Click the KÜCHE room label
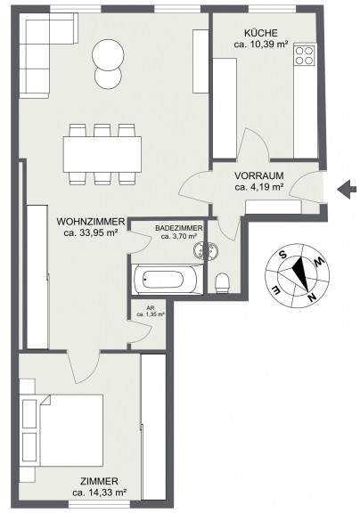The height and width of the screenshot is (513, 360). [x=261, y=33]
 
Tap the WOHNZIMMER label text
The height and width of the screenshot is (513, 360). [x=91, y=222]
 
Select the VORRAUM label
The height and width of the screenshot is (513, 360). [x=259, y=175]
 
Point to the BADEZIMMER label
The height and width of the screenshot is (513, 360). [x=179, y=228]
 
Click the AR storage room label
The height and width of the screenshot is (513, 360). [x=151, y=308]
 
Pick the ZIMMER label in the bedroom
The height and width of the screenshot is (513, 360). [x=99, y=482]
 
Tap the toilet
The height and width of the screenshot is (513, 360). [x=223, y=282]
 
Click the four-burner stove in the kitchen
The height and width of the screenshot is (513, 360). [x=305, y=55]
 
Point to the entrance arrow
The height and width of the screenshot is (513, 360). [x=347, y=190]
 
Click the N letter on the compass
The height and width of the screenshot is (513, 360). [x=313, y=297]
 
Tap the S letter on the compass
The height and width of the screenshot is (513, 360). [x=283, y=254]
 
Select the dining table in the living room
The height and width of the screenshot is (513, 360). [x=102, y=154]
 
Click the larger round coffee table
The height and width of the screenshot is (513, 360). [x=108, y=55]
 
